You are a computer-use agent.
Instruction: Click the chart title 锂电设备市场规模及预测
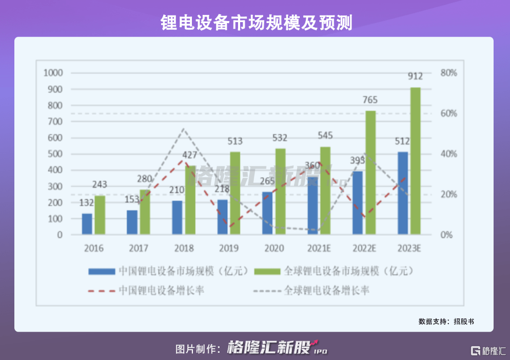click(x=255, y=22)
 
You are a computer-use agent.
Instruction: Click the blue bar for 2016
click(x=87, y=224)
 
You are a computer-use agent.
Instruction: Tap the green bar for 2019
click(x=235, y=193)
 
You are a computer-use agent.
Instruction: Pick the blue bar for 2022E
click(x=358, y=203)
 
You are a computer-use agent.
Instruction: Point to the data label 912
click(x=415, y=77)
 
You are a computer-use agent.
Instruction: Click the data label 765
click(x=370, y=100)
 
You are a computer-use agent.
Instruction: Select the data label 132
click(x=86, y=203)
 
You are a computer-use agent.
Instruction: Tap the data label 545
click(x=325, y=136)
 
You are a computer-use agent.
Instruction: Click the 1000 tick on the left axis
click(x=53, y=73)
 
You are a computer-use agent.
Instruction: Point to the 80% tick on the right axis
click(x=448, y=73)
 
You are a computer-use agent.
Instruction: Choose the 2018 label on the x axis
click(x=184, y=249)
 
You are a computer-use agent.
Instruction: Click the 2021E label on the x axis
click(x=319, y=249)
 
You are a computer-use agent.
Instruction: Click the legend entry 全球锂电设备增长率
click(x=327, y=290)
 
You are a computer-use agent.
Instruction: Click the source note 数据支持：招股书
click(x=446, y=321)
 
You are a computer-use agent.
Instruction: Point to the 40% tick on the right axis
click(x=448, y=154)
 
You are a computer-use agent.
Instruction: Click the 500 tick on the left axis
click(x=54, y=154)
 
